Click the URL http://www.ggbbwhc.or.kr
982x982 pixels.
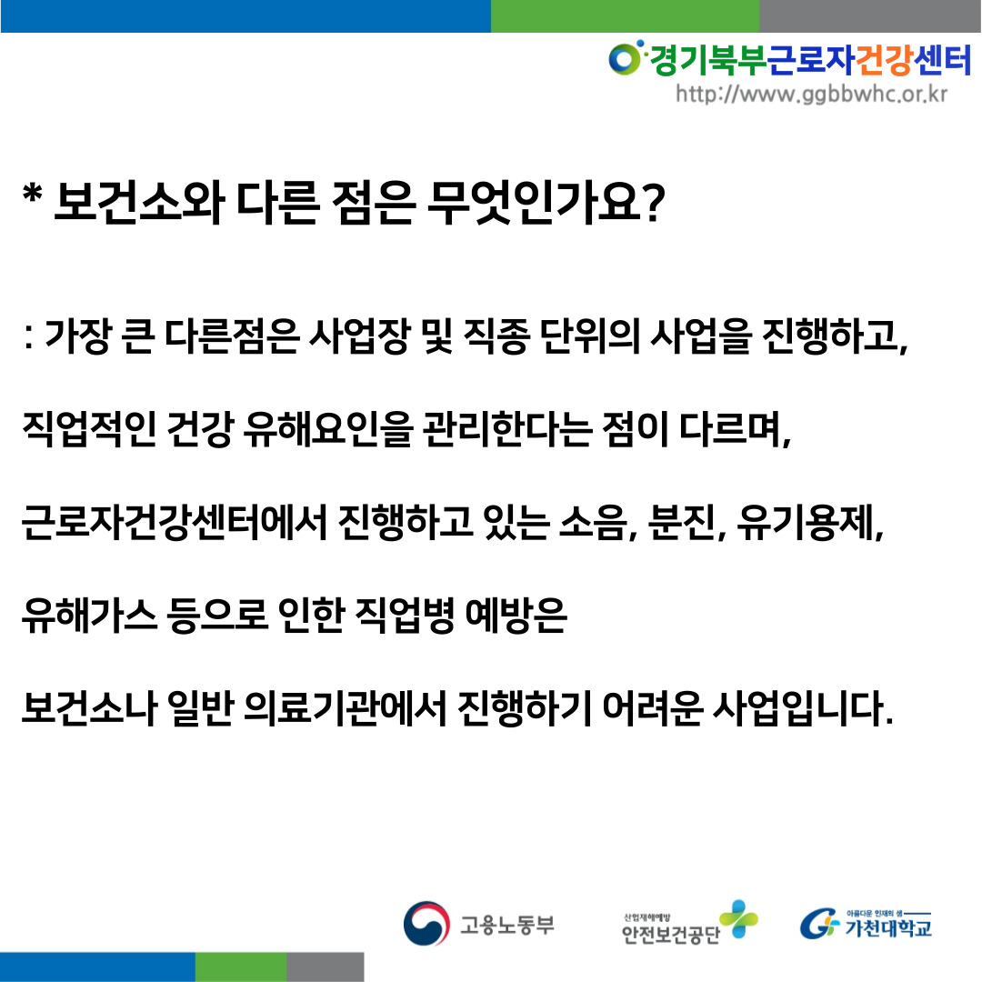click(811, 94)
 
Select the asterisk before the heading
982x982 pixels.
click(32, 194)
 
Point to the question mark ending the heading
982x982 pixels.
click(653, 203)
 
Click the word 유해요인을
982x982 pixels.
click(329, 429)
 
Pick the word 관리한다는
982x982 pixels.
click(507, 429)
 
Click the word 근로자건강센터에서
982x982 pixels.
click(174, 522)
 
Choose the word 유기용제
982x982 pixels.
click(805, 522)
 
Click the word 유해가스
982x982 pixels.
click(89, 616)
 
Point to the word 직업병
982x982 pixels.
click(406, 616)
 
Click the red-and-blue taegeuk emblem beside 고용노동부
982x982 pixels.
click(426, 923)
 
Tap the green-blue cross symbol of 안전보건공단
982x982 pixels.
click(738, 918)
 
